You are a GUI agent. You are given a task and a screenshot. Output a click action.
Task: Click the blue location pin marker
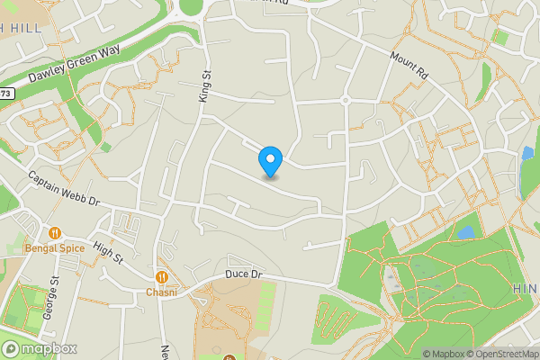click(x=270, y=162)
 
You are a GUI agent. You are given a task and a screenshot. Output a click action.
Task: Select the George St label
click(x=55, y=297)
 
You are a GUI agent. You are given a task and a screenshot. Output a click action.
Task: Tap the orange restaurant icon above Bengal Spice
click(x=54, y=231)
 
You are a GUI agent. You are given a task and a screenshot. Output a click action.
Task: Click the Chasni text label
click(x=162, y=292)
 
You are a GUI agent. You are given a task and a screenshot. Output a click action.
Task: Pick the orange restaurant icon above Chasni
click(x=162, y=277)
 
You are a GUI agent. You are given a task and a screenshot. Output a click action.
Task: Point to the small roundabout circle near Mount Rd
click(x=345, y=100)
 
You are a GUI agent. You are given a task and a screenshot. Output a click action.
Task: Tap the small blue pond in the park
click(x=466, y=232)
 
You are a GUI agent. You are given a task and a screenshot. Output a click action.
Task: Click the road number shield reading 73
click(x=7, y=93)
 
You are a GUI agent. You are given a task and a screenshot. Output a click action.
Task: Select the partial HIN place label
click(x=526, y=286)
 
